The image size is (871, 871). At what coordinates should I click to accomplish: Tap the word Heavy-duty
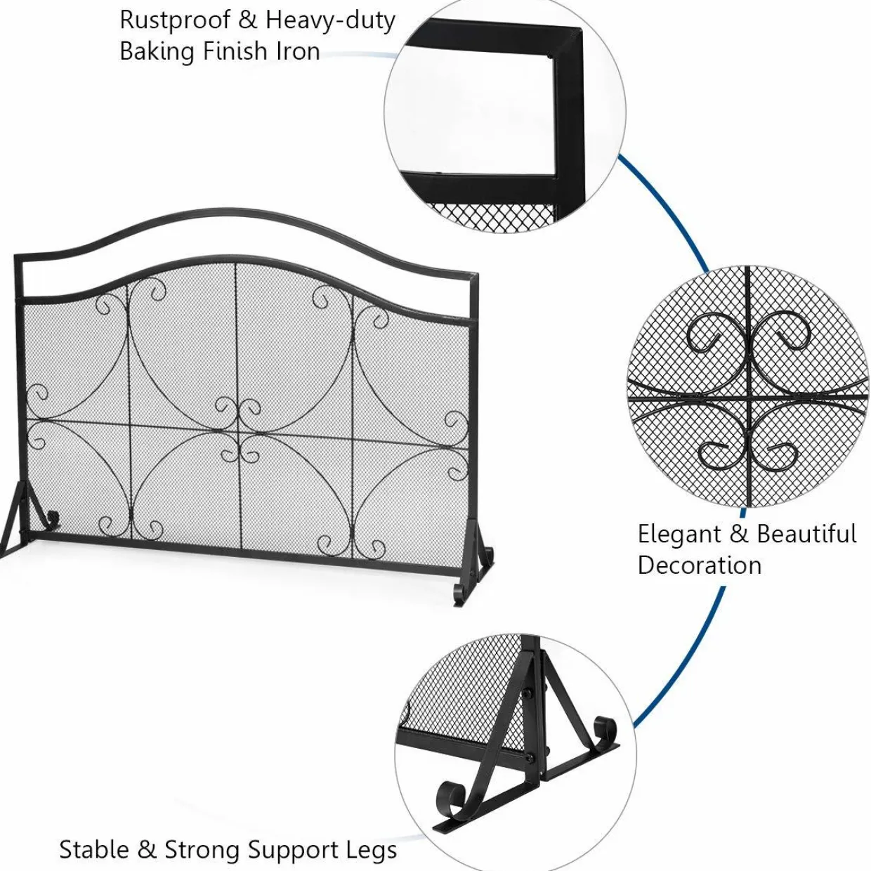click(330, 21)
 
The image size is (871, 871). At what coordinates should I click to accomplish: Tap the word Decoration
click(699, 565)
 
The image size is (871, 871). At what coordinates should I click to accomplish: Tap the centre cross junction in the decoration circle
click(748, 398)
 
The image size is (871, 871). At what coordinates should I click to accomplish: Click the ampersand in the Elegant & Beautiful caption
click(739, 535)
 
